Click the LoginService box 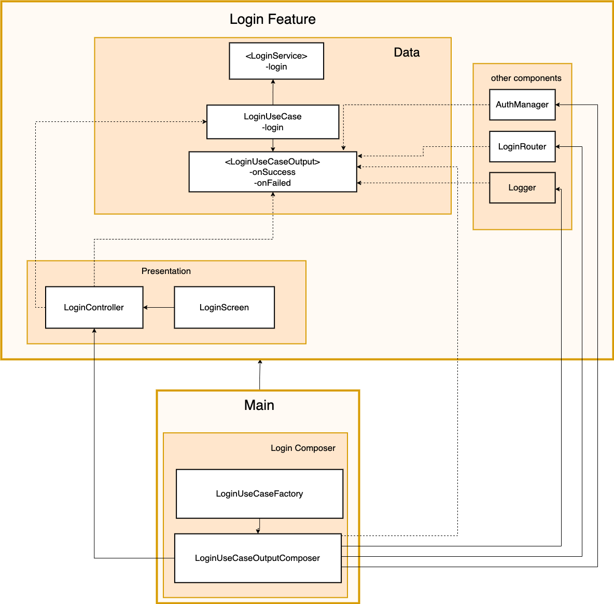point(276,61)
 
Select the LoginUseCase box point(273,122)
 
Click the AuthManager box point(522,105)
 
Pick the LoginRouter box point(522,147)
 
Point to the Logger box point(522,188)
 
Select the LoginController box point(94,308)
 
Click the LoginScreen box point(224,308)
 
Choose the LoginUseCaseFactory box point(259,494)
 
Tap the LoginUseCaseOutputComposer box point(258,558)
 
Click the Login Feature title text point(273,20)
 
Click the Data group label point(407,52)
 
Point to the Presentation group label point(166,271)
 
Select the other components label point(526,78)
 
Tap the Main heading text point(259,405)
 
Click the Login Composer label point(303,448)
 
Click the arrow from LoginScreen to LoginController point(159,308)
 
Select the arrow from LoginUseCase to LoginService point(273,92)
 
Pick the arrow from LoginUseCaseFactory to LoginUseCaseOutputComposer point(259,526)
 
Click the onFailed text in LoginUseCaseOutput point(272,183)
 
